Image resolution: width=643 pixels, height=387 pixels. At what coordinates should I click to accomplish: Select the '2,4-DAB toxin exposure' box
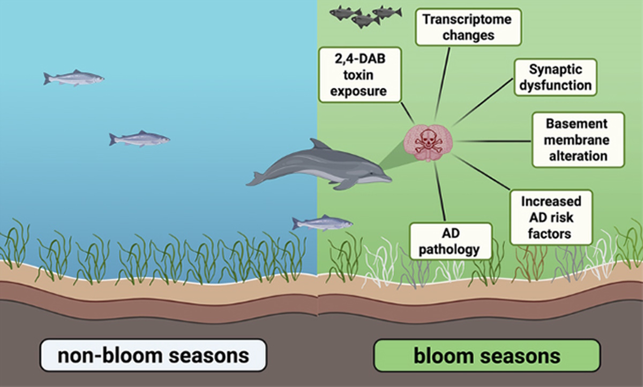pos(360,75)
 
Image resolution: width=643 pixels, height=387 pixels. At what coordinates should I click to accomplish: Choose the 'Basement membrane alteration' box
pos(578,140)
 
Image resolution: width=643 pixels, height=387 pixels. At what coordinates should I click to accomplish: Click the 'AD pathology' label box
pos(450,241)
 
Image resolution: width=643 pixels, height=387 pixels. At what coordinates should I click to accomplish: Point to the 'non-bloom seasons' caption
pos(153,355)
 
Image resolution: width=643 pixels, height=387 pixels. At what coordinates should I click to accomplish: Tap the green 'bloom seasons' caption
pos(487,355)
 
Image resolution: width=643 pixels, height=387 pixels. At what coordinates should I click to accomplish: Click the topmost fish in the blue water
pos(73,78)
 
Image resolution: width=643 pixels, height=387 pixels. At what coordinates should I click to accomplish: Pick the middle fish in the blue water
pos(139,139)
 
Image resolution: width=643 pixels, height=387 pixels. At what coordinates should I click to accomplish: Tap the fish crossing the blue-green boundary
pos(322,222)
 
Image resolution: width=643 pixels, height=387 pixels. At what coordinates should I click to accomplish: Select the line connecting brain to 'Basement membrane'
pos(493,141)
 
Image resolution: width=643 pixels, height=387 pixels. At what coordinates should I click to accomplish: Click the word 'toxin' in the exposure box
pos(360,75)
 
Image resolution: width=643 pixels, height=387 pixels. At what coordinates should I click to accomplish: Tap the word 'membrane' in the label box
pos(578,140)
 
